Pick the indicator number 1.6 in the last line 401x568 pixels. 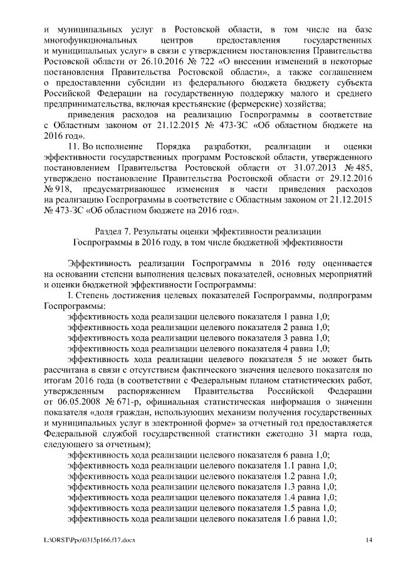tap(291, 519)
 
